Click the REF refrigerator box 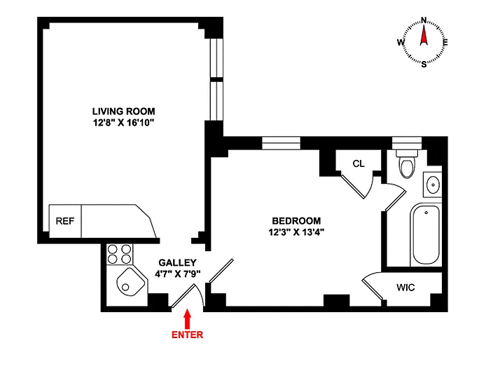[65, 221]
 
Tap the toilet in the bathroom [407, 163]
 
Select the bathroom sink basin [433, 184]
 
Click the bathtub [426, 235]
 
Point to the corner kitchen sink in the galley [130, 282]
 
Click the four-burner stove [119, 254]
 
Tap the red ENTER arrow [187, 319]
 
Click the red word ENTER [187, 335]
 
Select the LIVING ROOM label [124, 111]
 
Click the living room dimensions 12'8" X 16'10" [124, 123]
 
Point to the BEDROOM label [296, 221]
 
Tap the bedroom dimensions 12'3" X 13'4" [296, 232]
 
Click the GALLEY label [177, 262]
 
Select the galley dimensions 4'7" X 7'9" [178, 274]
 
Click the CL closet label [359, 163]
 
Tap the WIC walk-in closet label [405, 288]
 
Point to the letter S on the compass [424, 65]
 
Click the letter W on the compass [401, 42]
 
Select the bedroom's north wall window [281, 143]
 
